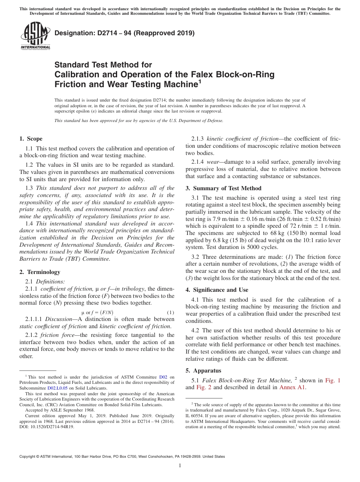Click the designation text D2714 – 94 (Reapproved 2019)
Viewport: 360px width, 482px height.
(x=124, y=33)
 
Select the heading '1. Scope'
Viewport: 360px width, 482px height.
(x=31, y=139)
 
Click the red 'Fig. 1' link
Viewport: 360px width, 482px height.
(x=333, y=380)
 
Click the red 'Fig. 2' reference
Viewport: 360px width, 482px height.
(x=203, y=387)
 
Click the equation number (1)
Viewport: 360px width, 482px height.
(x=171, y=313)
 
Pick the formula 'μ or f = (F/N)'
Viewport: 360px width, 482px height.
(x=97, y=313)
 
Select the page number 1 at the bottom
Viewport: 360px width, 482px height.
(x=180, y=466)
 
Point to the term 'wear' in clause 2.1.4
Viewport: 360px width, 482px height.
(x=213, y=162)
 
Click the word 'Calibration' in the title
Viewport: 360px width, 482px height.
(x=78, y=74)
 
